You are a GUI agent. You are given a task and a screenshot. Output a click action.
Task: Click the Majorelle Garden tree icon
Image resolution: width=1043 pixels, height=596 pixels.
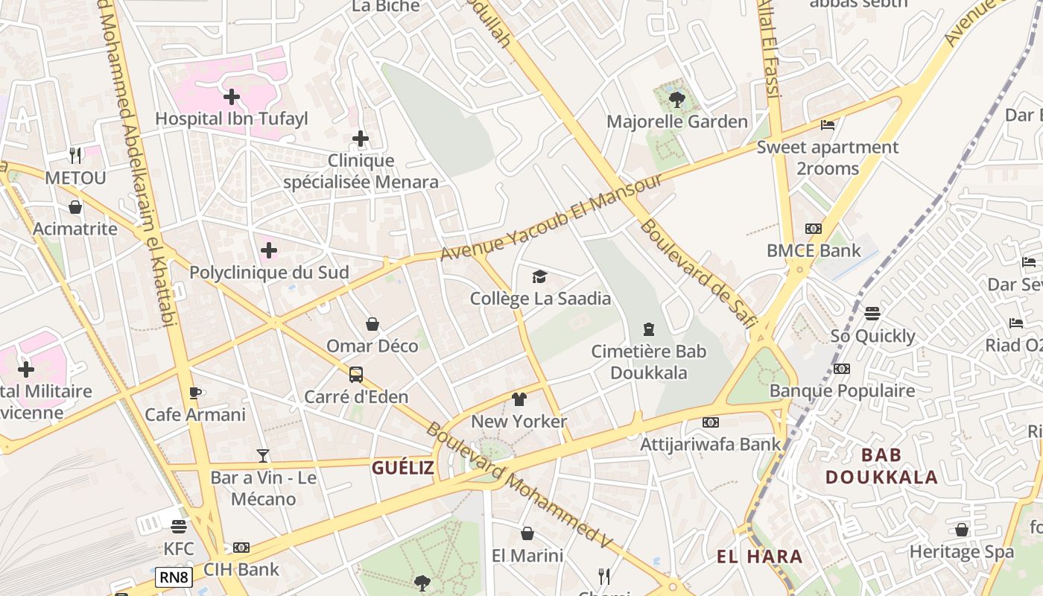pyautogui.click(x=676, y=99)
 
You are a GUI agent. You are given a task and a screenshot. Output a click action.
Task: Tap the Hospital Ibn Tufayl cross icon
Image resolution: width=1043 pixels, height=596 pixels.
pyautogui.click(x=232, y=96)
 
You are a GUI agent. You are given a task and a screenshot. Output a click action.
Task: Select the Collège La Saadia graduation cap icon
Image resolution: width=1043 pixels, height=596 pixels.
pyautogui.click(x=539, y=277)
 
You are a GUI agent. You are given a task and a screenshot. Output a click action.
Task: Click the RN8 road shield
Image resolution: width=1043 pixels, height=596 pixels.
pyautogui.click(x=174, y=577)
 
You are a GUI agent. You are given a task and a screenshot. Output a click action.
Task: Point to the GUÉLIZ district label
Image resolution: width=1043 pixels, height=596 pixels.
pyautogui.click(x=402, y=468)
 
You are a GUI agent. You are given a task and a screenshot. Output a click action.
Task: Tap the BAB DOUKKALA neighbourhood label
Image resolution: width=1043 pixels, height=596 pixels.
pyautogui.click(x=881, y=466)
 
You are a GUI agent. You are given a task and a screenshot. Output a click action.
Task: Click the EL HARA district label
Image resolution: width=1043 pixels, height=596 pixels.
pyautogui.click(x=759, y=557)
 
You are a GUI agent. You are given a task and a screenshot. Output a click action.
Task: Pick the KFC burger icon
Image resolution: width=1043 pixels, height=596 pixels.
pyautogui.click(x=178, y=527)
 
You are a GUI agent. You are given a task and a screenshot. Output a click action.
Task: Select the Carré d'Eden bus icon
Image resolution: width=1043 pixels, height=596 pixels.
pyautogui.click(x=356, y=374)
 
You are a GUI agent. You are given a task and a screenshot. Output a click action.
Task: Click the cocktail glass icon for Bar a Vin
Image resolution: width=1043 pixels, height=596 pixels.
pyautogui.click(x=262, y=455)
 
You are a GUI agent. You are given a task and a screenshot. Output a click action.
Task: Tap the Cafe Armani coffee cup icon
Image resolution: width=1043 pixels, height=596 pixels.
pyautogui.click(x=195, y=393)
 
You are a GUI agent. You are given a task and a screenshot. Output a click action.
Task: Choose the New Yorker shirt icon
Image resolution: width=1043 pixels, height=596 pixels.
pyautogui.click(x=519, y=399)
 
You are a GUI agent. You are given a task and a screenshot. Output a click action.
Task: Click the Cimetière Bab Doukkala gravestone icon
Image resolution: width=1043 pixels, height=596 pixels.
pyautogui.click(x=649, y=329)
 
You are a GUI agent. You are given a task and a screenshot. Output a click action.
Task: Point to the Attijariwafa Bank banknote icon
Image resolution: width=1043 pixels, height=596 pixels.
pyautogui.click(x=711, y=422)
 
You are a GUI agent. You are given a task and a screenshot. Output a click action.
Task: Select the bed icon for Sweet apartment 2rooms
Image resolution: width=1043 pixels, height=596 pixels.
pyautogui.click(x=827, y=125)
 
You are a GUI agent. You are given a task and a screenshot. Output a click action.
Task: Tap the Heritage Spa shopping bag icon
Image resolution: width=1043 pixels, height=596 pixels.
pyautogui.click(x=962, y=530)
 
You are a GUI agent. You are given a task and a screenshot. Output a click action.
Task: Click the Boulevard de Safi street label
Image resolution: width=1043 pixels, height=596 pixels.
pyautogui.click(x=697, y=273)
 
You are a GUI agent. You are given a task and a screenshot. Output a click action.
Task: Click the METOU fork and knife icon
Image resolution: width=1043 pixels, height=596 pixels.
pyautogui.click(x=75, y=155)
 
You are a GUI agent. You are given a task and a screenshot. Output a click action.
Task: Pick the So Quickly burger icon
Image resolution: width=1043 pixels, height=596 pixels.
pyautogui.click(x=872, y=314)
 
